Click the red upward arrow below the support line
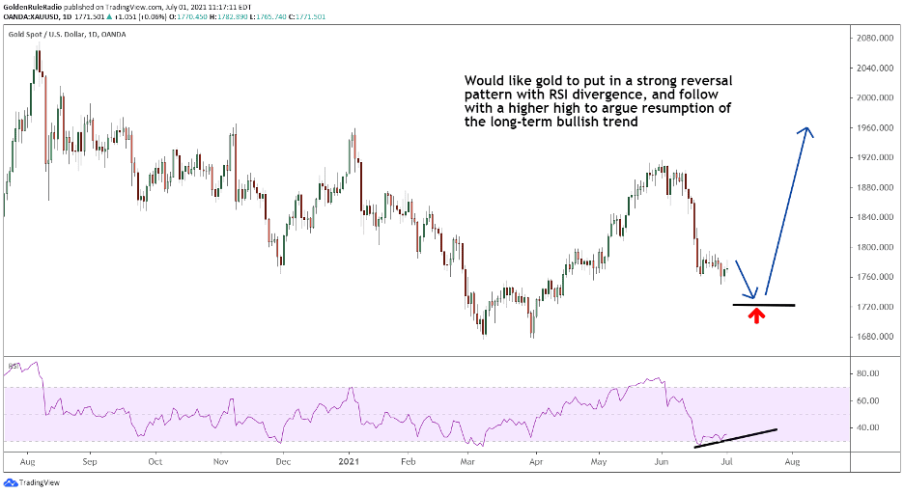(756, 315)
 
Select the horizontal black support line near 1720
(763, 305)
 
